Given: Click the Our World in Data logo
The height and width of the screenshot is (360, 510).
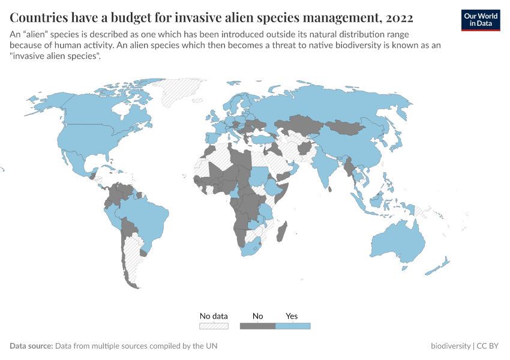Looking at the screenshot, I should [x=480, y=19].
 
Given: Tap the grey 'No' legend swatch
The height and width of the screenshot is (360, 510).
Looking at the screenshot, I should [x=257, y=326].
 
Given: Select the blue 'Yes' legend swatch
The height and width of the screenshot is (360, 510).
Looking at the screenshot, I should [x=292, y=326].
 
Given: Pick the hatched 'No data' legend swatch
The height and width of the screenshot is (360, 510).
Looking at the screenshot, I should [x=214, y=326].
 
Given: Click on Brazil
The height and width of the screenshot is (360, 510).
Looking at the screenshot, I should [x=148, y=216].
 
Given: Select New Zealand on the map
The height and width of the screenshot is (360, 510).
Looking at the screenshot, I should [x=441, y=265].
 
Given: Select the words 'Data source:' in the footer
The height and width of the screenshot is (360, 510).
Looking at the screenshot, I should [x=31, y=346].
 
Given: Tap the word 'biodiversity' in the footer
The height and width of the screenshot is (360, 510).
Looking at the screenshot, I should [x=451, y=346].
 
